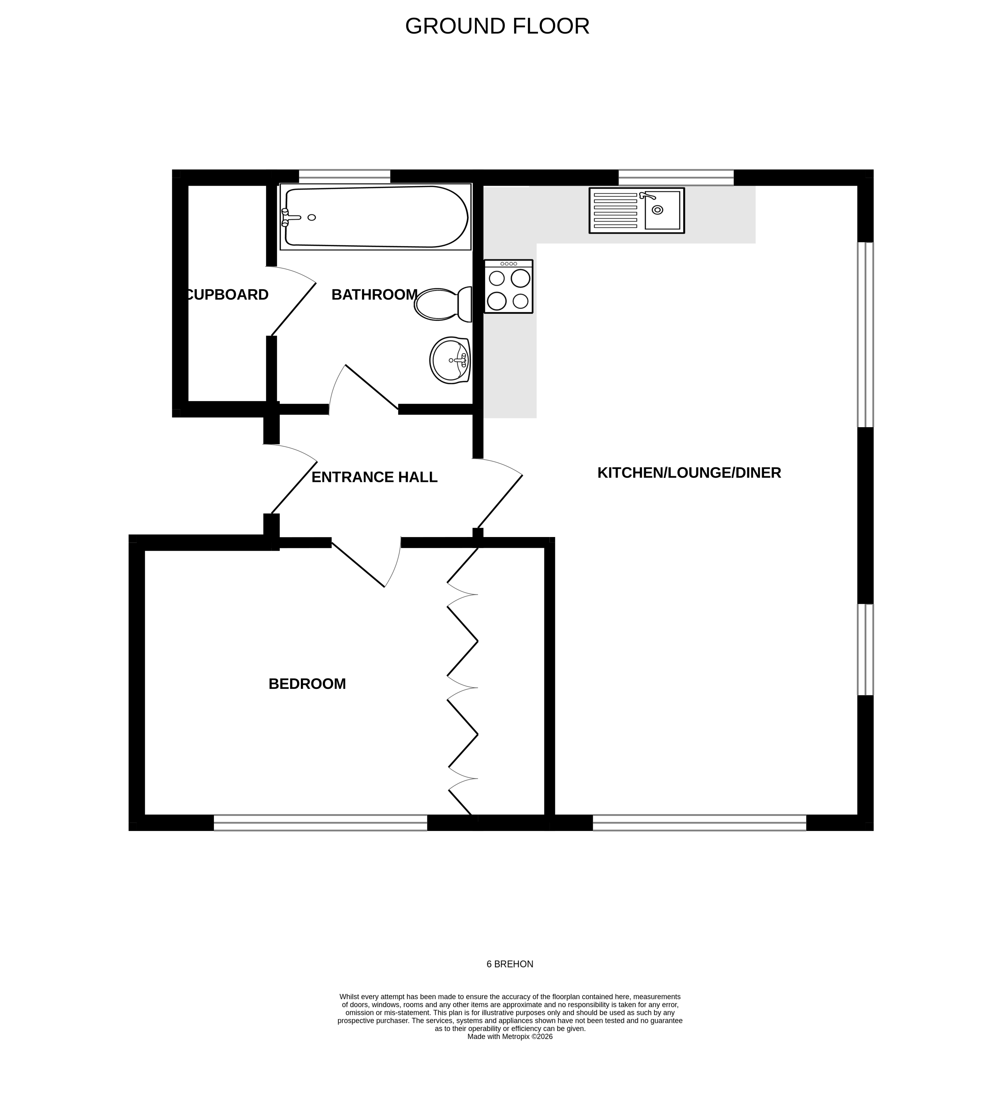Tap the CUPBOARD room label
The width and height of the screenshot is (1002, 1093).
pos(227,295)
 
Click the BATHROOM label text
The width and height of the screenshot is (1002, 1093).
pos(374,295)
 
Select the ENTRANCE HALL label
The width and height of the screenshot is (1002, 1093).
pos(374,477)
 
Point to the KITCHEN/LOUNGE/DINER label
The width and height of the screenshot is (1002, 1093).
pos(689,473)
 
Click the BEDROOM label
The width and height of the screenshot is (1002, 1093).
pos(307,684)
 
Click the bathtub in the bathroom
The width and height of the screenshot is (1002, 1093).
pos(380,217)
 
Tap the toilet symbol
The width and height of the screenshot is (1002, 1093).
pos(442,304)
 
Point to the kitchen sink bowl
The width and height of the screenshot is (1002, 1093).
pos(662,210)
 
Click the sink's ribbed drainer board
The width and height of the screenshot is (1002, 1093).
pos(615,210)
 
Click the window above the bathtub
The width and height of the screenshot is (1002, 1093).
pos(344,177)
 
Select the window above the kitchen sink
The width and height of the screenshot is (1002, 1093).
pos(676,177)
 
